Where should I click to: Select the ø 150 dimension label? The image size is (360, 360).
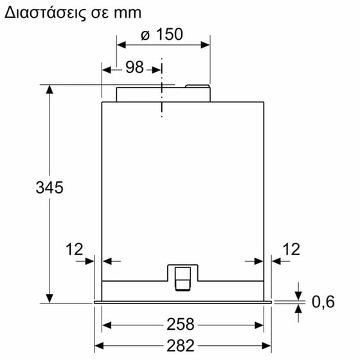pyautogui.click(x=161, y=35)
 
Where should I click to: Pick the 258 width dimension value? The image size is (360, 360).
pyautogui.click(x=183, y=325)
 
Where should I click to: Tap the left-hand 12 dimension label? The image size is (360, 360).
pyautogui.click(x=75, y=249)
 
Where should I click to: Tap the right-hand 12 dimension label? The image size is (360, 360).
pyautogui.click(x=291, y=249)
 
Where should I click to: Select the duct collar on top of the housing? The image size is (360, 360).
pyautogui.click(x=163, y=93)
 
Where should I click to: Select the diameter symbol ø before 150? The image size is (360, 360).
pyautogui.click(x=145, y=35)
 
